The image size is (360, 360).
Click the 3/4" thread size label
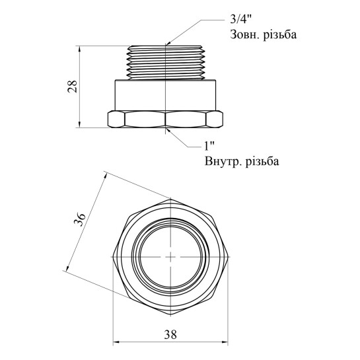tap(241, 20)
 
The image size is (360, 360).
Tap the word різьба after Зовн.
tap(279, 35)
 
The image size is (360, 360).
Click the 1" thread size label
tap(209, 146)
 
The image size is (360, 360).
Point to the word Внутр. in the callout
tap(223, 161)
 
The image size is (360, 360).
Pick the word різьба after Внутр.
tap(262, 161)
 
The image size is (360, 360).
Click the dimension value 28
tap(73, 87)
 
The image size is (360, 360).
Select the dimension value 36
tap(80, 220)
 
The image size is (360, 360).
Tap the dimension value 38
tap(170, 335)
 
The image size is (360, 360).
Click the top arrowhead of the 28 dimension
tap(79, 49)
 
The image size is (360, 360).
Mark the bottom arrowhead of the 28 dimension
tap(79, 124)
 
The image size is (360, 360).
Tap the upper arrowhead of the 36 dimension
tap(106, 176)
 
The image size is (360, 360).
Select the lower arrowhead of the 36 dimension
tap(68, 268)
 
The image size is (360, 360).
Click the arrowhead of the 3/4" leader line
tap(168, 43)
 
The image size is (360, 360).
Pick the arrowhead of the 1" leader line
tap(168, 130)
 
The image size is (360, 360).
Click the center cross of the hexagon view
tap(170, 257)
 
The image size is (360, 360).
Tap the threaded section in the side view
tap(166, 63)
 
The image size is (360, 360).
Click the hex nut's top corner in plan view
tap(170, 199)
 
